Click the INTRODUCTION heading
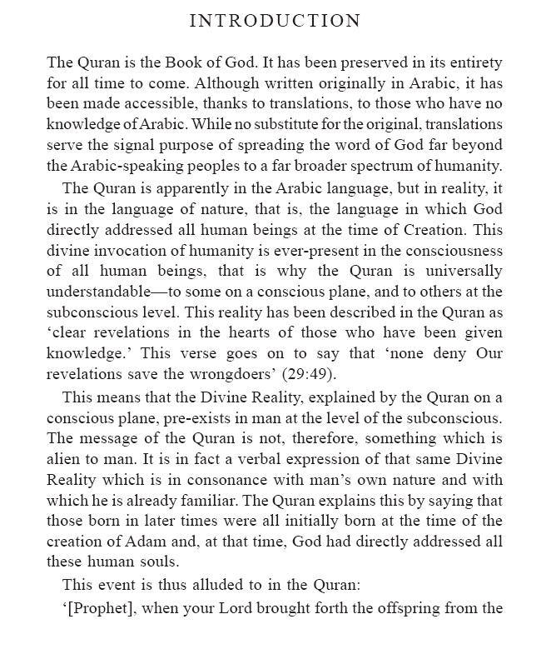275,21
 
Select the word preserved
344,63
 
